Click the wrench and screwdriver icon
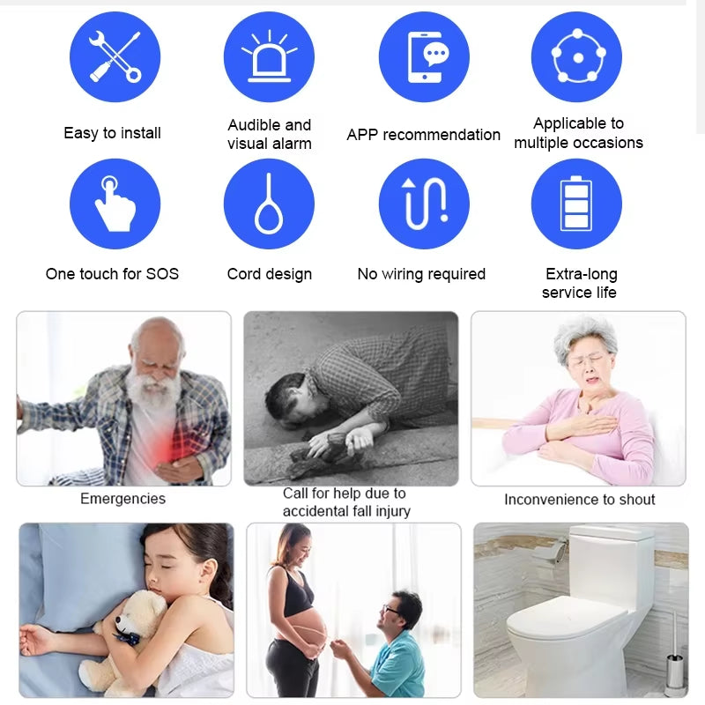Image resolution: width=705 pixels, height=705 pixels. coord(115,56)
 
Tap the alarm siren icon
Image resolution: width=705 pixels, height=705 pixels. coord(269,56)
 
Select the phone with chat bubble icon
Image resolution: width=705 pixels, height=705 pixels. coord(424,56)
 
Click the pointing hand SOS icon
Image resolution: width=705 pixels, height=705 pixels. coord(115,204)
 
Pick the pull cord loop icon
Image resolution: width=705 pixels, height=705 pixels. coord(269,204)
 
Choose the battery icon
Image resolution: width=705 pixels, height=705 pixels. coord(577,204)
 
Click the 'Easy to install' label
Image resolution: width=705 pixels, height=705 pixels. coord(112,133)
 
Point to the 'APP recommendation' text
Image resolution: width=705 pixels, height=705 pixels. coord(423,135)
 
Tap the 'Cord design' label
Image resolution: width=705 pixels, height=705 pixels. coord(269,274)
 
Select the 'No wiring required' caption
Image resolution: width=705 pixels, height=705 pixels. coord(421,274)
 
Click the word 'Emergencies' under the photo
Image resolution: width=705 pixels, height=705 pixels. coord(122,499)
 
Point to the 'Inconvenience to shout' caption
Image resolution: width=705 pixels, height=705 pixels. coord(579,500)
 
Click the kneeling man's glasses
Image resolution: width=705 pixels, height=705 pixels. coord(391,610)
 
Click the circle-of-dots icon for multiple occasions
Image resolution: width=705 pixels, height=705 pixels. coord(577,56)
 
